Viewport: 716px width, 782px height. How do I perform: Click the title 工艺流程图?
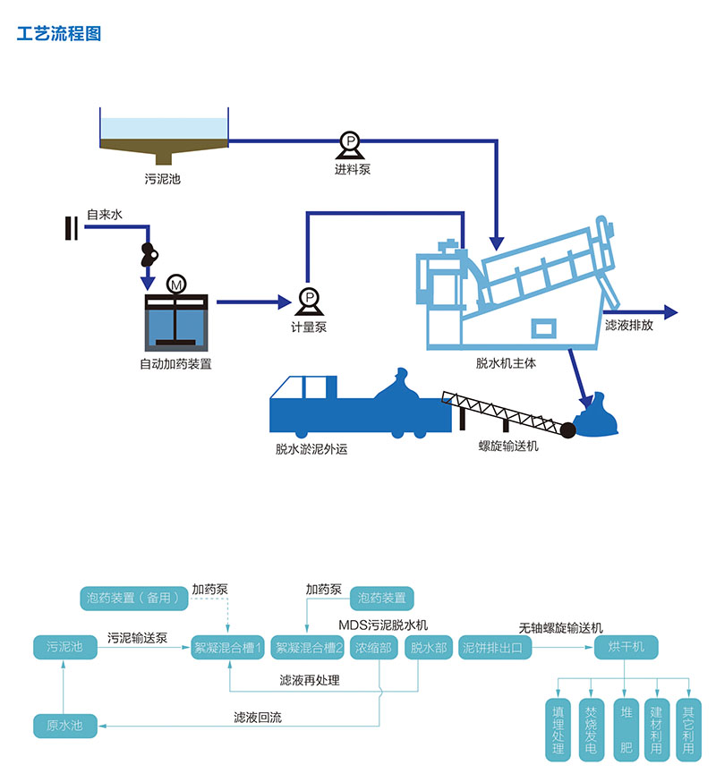point(59,34)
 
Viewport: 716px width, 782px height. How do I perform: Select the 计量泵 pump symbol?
point(308,298)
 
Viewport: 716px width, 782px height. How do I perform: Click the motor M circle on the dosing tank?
point(176,285)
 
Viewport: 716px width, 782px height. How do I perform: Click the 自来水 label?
point(104,215)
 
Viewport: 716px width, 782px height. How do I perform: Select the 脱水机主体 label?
point(506,363)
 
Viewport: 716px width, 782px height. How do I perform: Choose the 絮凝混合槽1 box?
point(228,646)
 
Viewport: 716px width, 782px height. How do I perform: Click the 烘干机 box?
point(626,646)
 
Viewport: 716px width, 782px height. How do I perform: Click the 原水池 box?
point(64,725)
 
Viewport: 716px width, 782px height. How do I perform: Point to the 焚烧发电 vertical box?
point(590,730)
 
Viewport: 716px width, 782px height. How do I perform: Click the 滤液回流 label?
point(256,717)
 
